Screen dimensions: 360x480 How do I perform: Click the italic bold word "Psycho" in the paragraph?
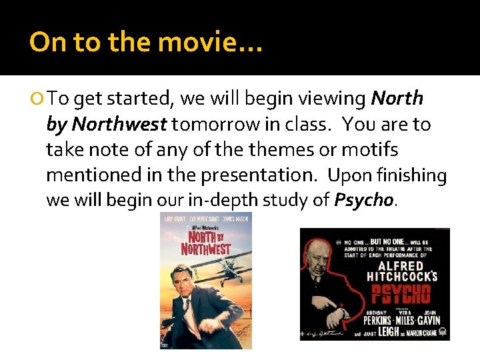tap(364, 200)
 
